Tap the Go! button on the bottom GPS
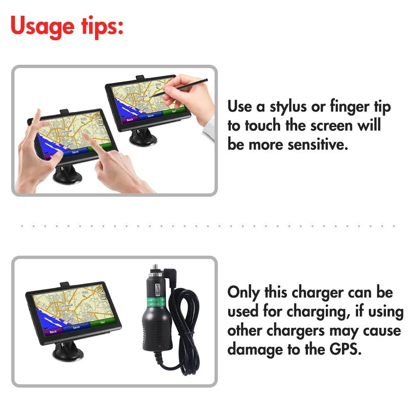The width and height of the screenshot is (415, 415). [x=102, y=322]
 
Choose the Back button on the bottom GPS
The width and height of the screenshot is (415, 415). [x=53, y=332]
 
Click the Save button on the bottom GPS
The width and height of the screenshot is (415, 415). [x=76, y=327]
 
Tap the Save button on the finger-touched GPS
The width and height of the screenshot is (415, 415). [x=75, y=152]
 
